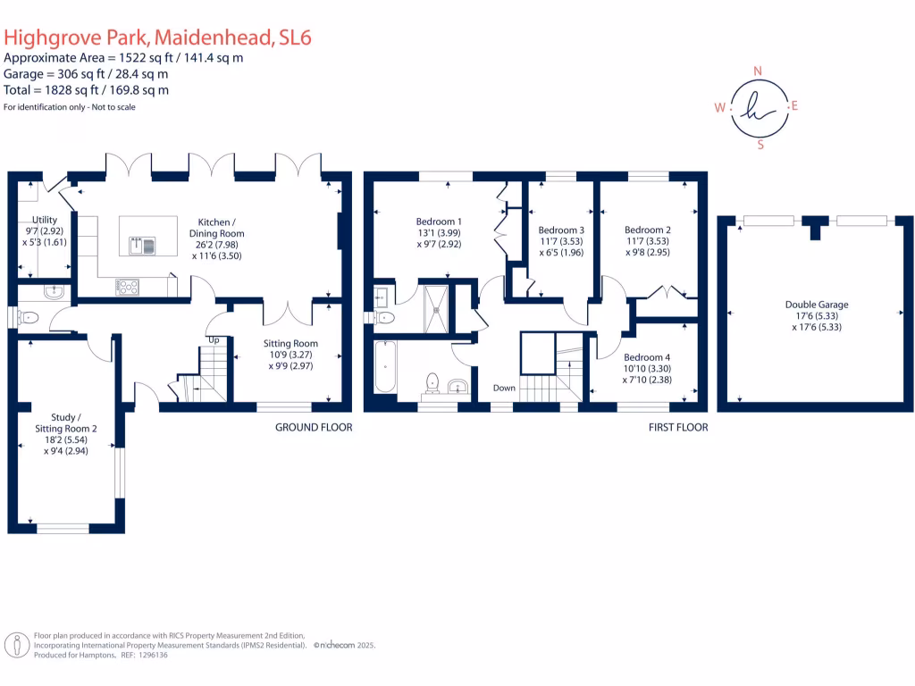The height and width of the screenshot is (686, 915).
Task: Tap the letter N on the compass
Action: click(759, 71)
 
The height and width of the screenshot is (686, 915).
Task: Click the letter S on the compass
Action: click(760, 145)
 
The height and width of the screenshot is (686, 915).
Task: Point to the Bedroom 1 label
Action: click(439, 222)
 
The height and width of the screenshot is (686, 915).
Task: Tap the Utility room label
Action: click(44, 220)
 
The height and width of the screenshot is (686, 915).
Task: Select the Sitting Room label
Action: click(290, 343)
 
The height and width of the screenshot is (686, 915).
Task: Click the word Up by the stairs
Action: click(214, 340)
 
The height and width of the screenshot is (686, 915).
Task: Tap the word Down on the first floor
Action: click(505, 389)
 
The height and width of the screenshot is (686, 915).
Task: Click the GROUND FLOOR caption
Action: click(313, 428)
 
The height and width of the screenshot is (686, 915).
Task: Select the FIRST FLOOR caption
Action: click(678, 428)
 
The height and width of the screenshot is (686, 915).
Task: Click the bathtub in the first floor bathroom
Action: click(386, 366)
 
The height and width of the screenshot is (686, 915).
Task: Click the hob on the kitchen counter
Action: click(128, 287)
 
